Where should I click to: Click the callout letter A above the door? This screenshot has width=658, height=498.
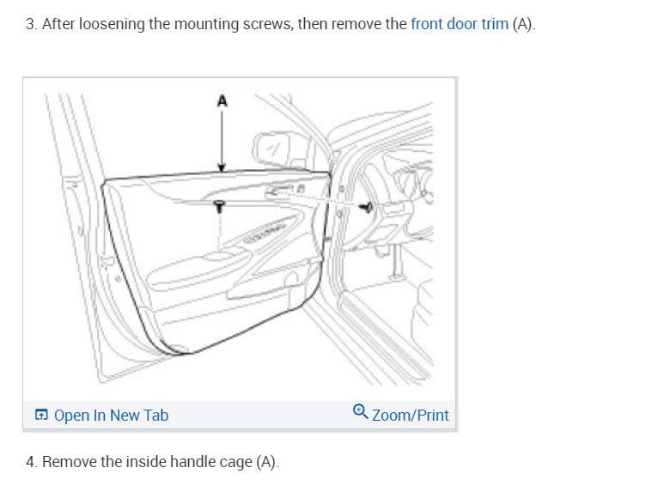pyautogui.click(x=222, y=100)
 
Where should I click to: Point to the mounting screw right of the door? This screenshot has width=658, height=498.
pyautogui.click(x=367, y=207)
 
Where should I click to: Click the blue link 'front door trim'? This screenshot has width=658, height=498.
pyautogui.click(x=459, y=24)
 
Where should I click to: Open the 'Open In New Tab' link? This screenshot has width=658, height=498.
pyautogui.click(x=111, y=416)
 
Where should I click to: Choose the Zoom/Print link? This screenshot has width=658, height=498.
pyautogui.click(x=410, y=416)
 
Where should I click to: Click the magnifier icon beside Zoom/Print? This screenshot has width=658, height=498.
pyautogui.click(x=361, y=412)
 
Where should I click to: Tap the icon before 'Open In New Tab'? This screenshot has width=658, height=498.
pyautogui.click(x=41, y=416)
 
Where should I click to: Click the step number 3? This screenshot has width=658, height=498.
pyautogui.click(x=30, y=24)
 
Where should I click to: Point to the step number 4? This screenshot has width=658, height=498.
pyautogui.click(x=30, y=462)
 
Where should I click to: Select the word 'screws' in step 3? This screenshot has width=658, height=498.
pyautogui.click(x=267, y=24)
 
